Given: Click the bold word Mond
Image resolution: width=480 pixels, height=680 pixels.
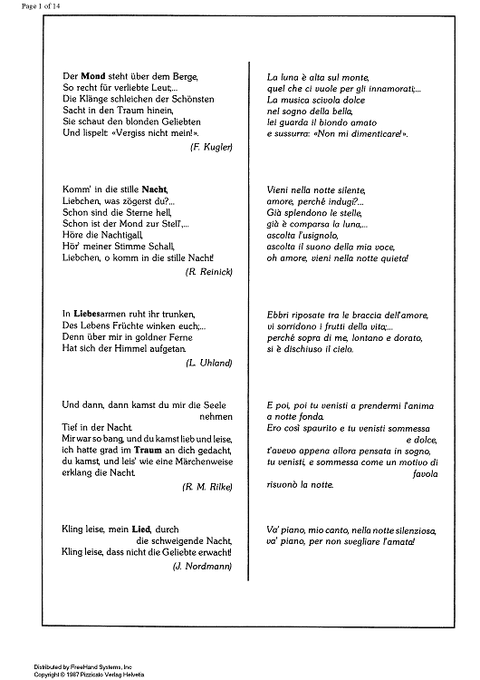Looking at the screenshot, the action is [93, 77].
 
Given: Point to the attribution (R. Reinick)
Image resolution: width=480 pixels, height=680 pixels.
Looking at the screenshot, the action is [209, 272].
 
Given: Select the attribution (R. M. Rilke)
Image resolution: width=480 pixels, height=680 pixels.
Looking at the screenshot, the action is [207, 486].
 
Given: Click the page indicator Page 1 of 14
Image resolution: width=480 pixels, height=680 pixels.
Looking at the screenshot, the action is [25, 6].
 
